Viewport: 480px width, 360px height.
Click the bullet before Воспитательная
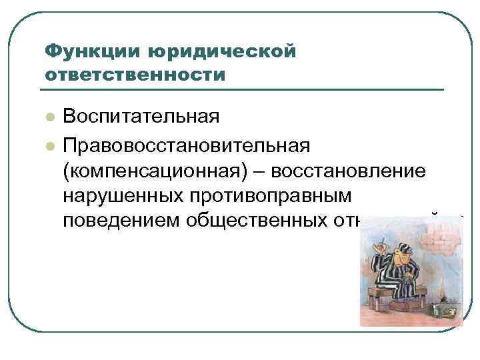point(49,117)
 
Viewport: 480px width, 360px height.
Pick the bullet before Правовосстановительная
point(49,145)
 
